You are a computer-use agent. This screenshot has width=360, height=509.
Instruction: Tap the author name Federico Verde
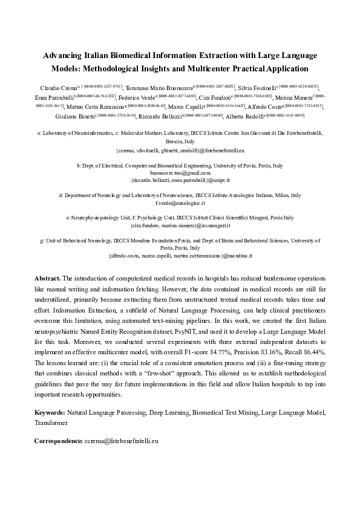tap(137, 97)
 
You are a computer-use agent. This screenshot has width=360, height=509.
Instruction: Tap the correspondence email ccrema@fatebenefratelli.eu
tap(122, 442)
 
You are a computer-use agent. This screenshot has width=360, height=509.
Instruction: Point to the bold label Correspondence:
tap(59, 442)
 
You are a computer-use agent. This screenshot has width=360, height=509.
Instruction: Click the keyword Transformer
tap(51, 423)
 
